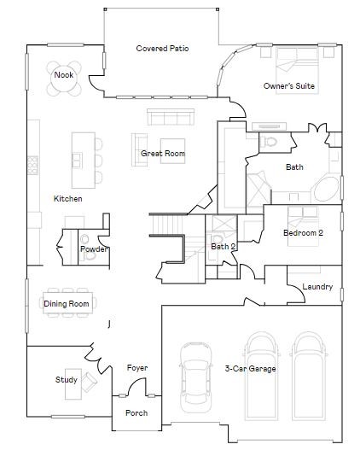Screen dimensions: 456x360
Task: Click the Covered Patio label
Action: coord(162,49)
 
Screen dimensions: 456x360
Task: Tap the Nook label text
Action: coord(63,75)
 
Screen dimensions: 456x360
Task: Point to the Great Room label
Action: coord(163,154)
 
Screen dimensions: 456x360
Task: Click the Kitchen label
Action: coord(68,199)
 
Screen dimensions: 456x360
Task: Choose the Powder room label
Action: coord(93,249)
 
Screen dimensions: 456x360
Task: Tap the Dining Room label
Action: coord(67,304)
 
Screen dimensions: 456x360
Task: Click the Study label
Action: coord(67,380)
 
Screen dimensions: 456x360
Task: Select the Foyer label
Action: coord(137,368)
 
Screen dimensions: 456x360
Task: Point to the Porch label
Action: coord(136,413)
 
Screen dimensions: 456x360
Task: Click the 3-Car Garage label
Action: coord(250,369)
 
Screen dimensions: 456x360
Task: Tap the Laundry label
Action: coord(317,287)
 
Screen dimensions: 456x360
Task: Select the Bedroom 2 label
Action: coord(304,233)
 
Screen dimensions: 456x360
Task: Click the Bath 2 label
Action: coord(224,247)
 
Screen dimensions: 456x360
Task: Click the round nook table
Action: coord(64,75)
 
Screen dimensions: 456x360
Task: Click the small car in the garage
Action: coord(195,386)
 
